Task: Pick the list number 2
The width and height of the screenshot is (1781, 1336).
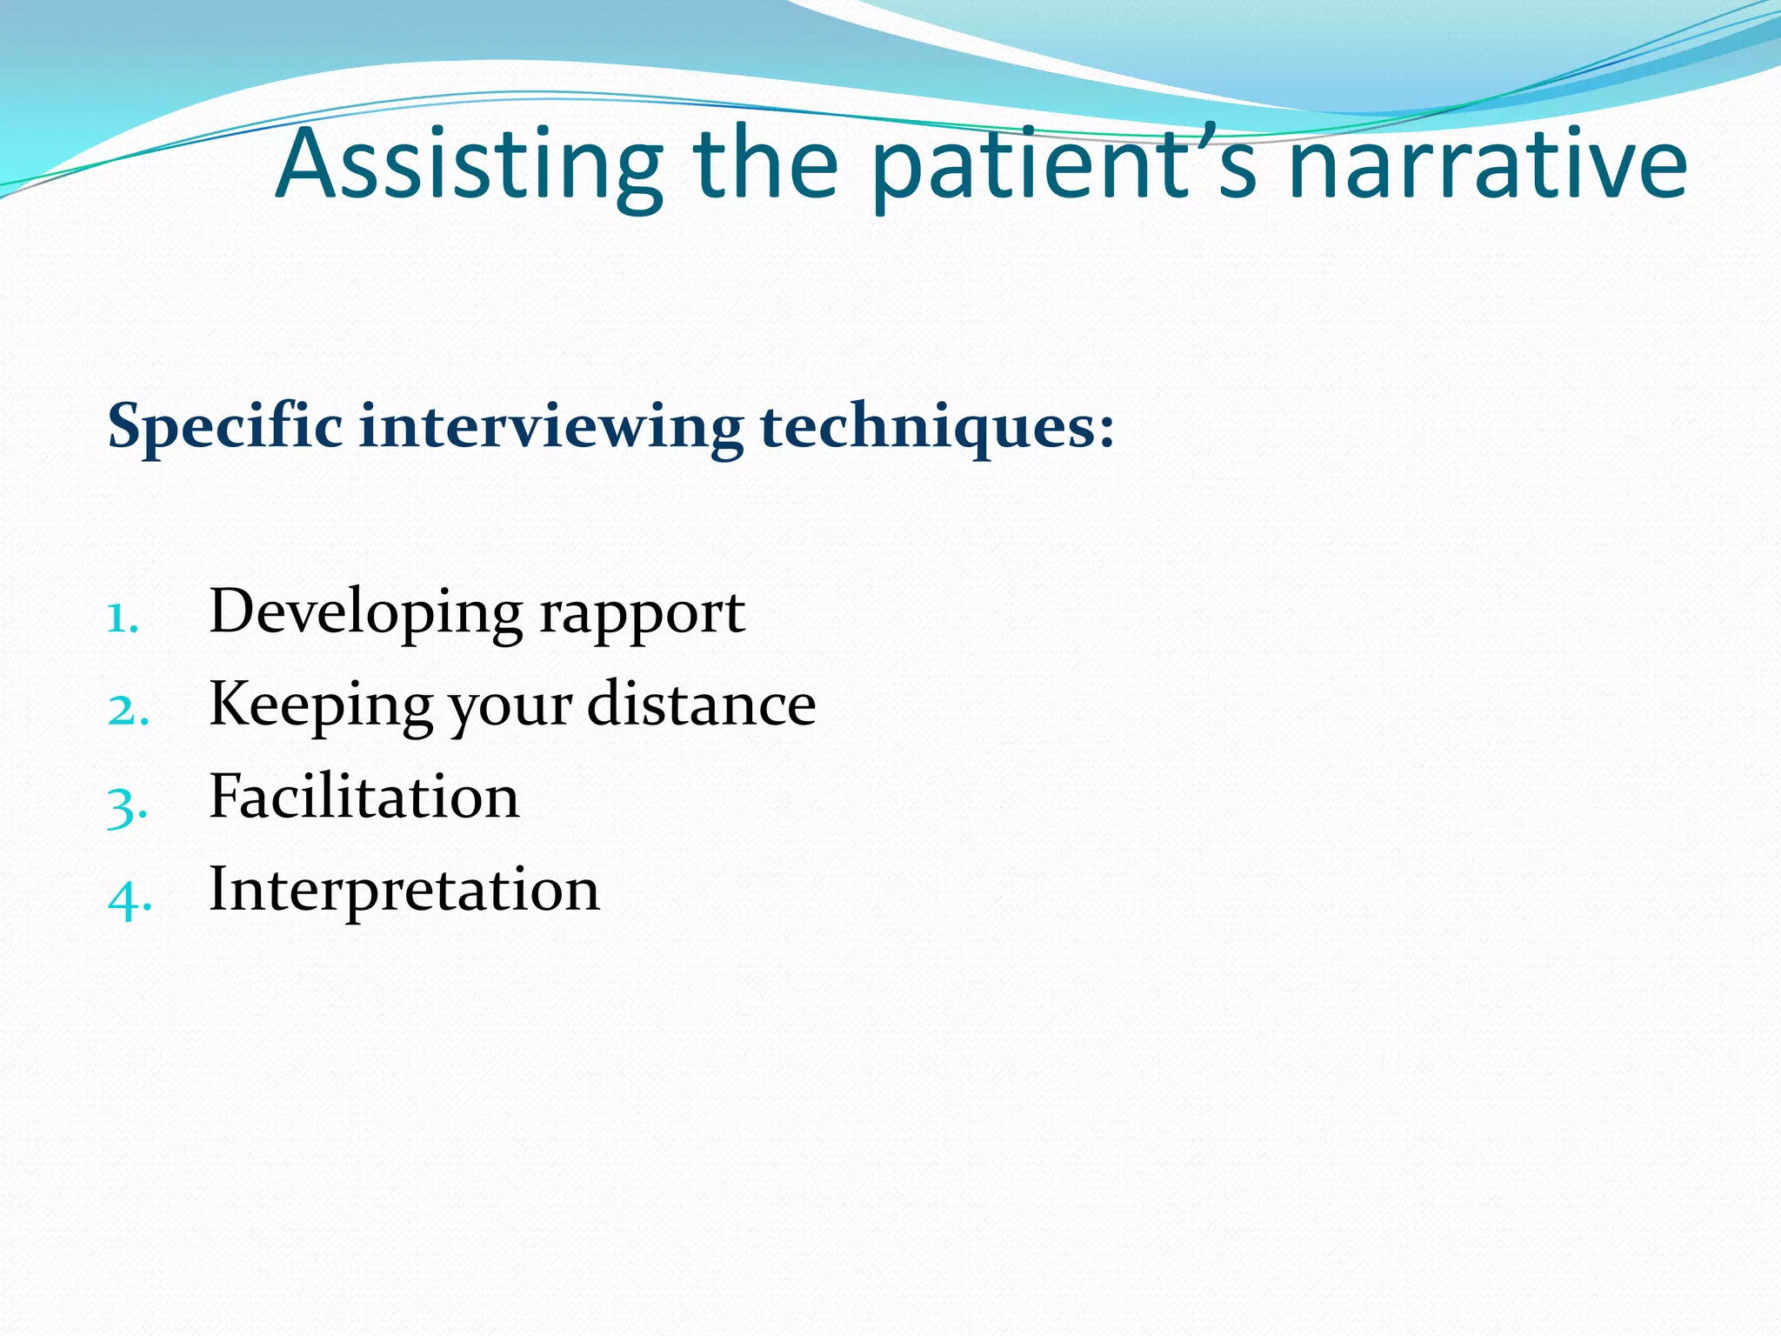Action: tap(126, 711)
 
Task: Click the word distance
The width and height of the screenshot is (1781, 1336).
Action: tap(701, 705)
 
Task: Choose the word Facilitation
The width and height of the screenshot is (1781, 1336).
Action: tap(364, 798)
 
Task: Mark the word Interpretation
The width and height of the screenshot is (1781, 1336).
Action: tap(404, 891)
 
